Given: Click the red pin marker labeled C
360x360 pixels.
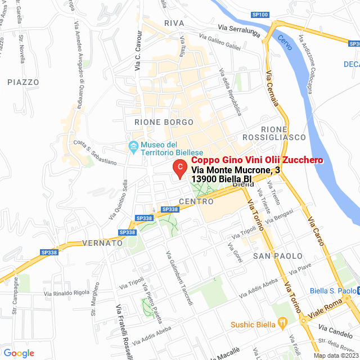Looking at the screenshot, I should [179, 168].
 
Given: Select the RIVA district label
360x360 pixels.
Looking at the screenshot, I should [174, 23].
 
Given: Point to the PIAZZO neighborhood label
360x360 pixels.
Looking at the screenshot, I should [24, 82].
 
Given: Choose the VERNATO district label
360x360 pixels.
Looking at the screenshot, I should [102, 243].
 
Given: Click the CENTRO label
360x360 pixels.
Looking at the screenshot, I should [196, 201].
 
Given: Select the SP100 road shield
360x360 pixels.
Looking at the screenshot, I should [260, 15].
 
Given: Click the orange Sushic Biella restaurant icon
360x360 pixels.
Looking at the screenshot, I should [283, 325].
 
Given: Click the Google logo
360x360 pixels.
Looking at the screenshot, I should [19, 353].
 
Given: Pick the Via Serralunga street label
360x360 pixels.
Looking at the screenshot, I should [239, 29].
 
